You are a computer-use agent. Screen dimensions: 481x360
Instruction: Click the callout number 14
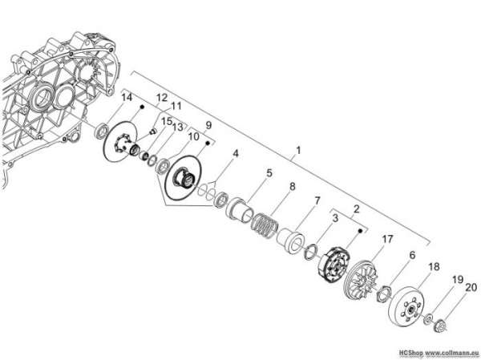127,97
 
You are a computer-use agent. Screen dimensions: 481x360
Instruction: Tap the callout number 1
298,151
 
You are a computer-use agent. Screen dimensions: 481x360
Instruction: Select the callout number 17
387,239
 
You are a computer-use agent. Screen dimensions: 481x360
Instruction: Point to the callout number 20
471,287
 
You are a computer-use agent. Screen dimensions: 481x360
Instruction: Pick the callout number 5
269,173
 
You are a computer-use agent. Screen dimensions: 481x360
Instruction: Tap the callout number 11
176,106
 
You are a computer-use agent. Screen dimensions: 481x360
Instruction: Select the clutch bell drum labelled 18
409,305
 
